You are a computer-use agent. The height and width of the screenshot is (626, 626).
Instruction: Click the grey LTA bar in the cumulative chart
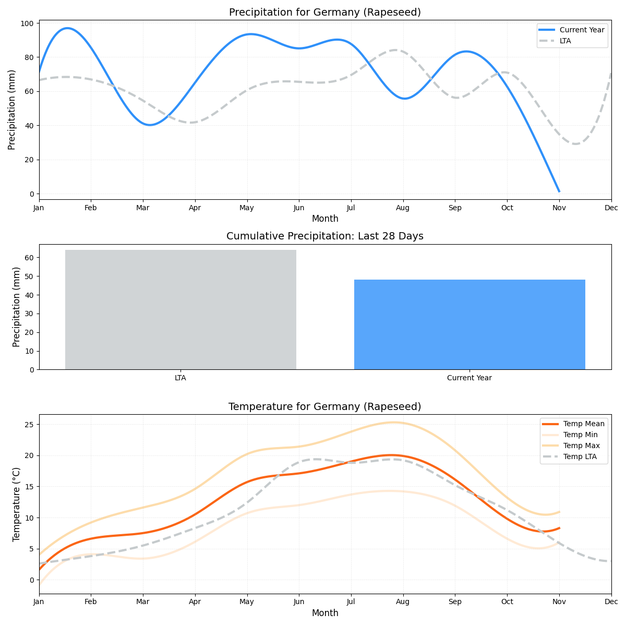pos(180,309)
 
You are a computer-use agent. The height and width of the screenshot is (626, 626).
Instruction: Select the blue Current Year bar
pos(469,324)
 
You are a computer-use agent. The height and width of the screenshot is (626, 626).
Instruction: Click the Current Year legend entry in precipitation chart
pos(582,30)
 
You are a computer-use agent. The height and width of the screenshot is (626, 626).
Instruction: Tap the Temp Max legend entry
pos(581,446)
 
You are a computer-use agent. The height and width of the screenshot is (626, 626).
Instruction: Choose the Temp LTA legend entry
pos(580,457)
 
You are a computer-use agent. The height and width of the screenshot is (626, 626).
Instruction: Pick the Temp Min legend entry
pos(580,435)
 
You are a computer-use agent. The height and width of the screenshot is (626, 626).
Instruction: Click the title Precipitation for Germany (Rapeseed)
pos(324,12)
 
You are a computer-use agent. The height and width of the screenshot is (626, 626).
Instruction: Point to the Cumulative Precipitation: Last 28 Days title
pos(324,236)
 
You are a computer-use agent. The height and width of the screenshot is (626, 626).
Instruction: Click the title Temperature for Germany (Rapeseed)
pos(324,406)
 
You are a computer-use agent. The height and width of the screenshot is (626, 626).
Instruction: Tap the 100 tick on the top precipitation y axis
pos(28,23)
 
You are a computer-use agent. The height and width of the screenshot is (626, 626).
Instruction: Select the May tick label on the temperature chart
pos(247,602)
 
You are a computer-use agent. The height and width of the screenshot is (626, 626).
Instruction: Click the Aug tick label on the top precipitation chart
pos(403,208)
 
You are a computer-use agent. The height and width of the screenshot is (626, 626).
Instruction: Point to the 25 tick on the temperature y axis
pos(29,424)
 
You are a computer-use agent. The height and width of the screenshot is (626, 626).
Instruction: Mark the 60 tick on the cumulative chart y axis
pos(29,258)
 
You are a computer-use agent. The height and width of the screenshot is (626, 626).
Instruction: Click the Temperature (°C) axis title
pos(17,504)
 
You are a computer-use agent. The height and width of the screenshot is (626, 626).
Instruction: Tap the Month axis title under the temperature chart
pos(324,613)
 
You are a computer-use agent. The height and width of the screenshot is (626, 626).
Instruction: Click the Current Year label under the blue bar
pos(469,378)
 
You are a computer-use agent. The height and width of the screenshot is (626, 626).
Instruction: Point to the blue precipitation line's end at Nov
pos(559,191)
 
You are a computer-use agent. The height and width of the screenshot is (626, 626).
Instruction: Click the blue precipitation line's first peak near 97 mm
pos(67,28)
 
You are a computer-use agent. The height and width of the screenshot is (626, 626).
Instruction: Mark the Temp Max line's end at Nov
pos(559,512)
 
